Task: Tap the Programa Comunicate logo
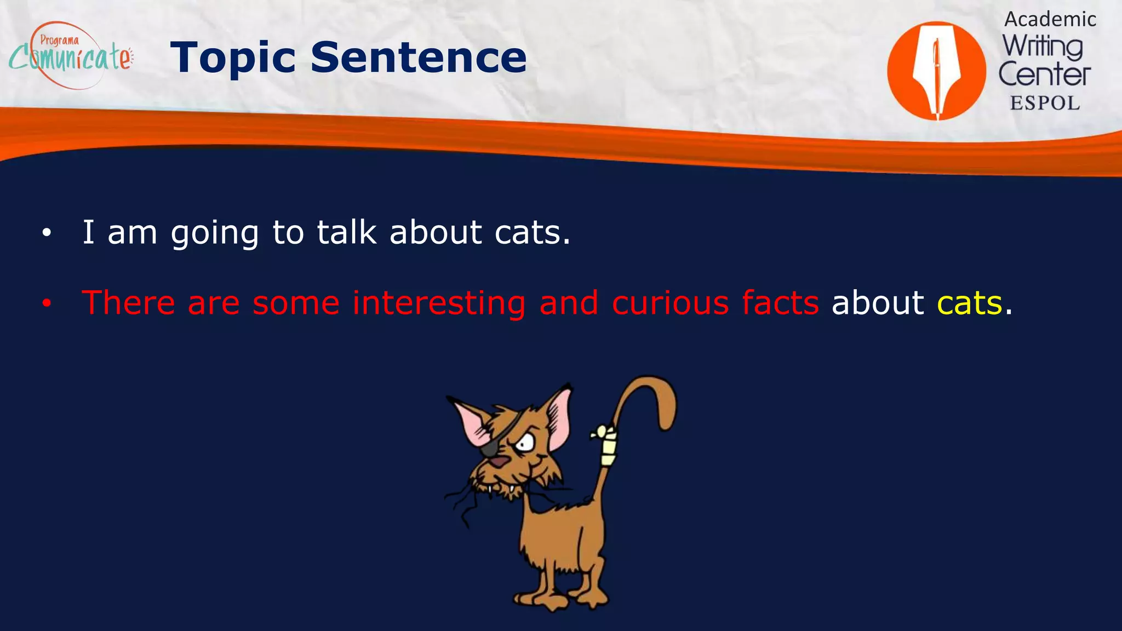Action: (x=70, y=55)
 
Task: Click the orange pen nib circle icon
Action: (x=936, y=71)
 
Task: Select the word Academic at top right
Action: (x=1050, y=20)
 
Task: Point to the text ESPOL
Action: (x=1045, y=103)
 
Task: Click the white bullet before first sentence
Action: (x=47, y=233)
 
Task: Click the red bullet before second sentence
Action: (x=47, y=303)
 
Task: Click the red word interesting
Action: (x=439, y=303)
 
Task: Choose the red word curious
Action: (x=670, y=303)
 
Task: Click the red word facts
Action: (x=780, y=303)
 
